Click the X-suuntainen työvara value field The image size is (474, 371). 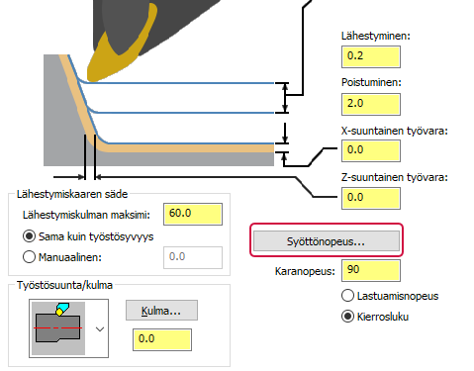(368, 150)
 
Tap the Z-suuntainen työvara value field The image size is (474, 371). (368, 196)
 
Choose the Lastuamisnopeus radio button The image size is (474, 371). (348, 296)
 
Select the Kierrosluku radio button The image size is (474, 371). (348, 317)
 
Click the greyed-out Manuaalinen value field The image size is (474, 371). (192, 257)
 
